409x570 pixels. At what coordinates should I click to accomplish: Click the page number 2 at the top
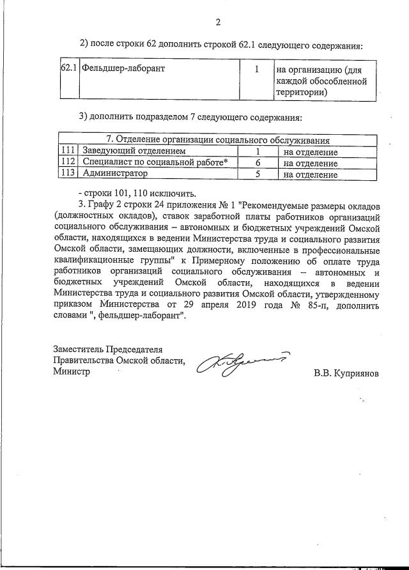click(x=217, y=23)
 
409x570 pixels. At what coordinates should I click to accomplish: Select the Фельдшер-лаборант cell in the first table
click(x=122, y=69)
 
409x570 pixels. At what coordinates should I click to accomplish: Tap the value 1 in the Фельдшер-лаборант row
click(x=256, y=69)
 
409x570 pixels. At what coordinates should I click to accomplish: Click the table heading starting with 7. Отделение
click(x=217, y=141)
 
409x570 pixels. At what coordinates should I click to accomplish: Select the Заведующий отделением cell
click(x=134, y=152)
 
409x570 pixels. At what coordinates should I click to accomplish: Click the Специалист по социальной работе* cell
click(x=155, y=163)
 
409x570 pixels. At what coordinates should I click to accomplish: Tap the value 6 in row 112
click(x=258, y=163)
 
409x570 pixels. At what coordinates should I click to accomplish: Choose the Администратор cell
click(x=115, y=174)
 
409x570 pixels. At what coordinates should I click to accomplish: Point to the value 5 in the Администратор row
click(x=258, y=174)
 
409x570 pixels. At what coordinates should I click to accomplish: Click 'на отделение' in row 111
click(x=311, y=152)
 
